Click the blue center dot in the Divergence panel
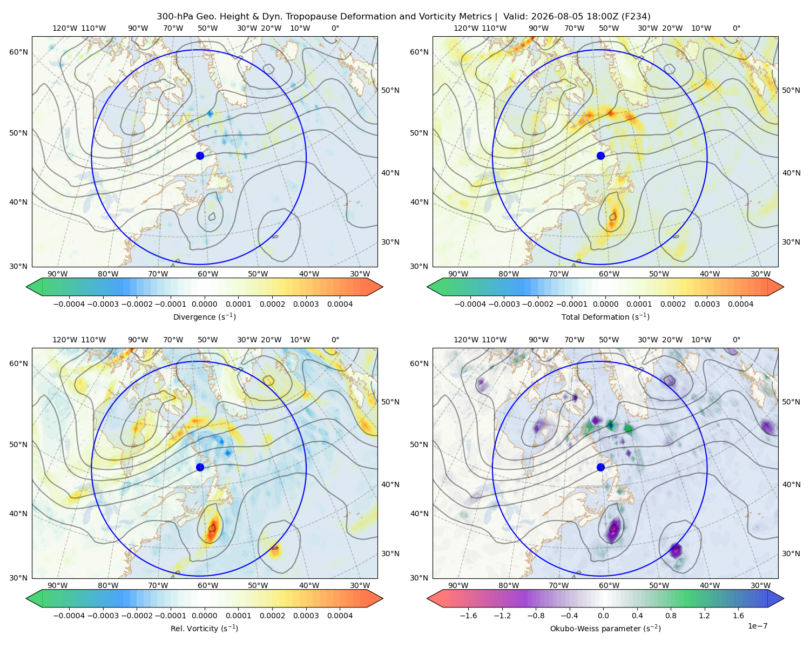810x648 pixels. tap(200, 156)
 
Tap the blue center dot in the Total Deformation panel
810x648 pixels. tap(600, 156)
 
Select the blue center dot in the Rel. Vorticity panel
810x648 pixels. tap(200, 467)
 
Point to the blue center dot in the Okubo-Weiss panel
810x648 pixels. tap(600, 467)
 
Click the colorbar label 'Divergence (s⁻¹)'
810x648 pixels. tap(204, 317)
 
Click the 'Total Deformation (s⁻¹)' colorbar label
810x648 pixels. tap(605, 317)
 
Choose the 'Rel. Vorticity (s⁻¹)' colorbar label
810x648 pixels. tap(204, 629)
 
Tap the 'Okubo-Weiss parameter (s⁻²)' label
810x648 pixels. tap(605, 629)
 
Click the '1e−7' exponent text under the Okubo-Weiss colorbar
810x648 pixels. tap(757, 626)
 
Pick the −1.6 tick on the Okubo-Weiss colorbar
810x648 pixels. tap(468, 616)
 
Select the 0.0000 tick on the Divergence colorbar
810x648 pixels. tap(204, 304)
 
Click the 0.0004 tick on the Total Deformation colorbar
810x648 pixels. tap(740, 304)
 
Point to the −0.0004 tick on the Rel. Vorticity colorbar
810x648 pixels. tap(69, 616)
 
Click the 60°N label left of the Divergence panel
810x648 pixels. tap(18, 52)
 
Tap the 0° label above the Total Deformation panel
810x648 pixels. tap(736, 28)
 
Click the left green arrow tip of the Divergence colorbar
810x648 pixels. tap(26, 287)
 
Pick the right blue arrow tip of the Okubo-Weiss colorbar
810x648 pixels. tap(784, 598)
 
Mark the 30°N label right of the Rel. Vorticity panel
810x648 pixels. tap(390, 553)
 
